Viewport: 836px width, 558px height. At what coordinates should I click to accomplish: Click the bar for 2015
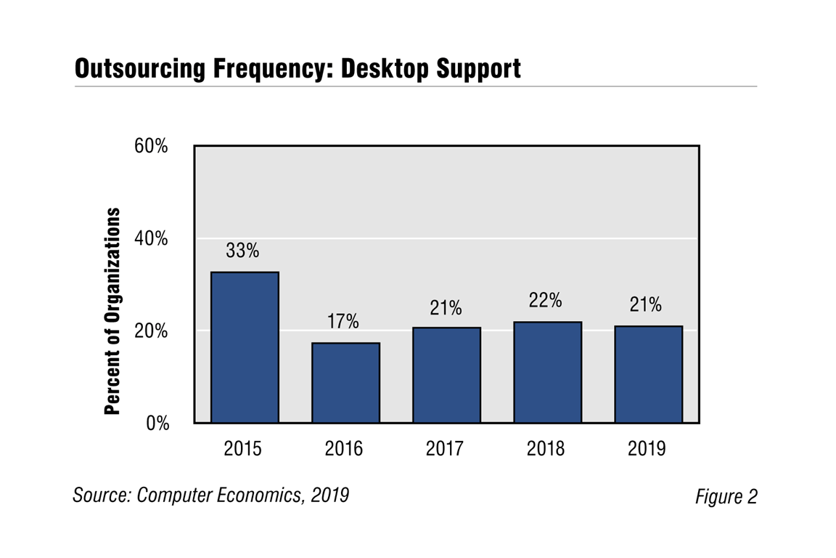click(x=245, y=347)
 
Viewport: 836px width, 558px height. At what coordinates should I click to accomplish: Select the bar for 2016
click(x=345, y=383)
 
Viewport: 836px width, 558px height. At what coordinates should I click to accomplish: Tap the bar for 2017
click(x=446, y=375)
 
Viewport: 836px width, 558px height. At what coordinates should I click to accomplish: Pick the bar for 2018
click(x=547, y=372)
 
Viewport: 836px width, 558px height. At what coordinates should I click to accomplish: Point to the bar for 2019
click(x=648, y=374)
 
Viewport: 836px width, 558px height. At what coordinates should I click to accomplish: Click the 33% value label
click(x=242, y=251)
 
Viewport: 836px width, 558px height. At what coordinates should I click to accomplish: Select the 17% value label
click(x=343, y=322)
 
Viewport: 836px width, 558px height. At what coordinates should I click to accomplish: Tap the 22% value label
click(x=546, y=301)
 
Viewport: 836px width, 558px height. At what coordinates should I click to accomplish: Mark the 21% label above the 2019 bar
click(x=645, y=305)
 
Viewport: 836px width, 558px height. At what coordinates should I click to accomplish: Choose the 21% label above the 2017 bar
click(x=445, y=307)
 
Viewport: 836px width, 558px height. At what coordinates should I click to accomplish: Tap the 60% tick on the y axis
click(x=151, y=146)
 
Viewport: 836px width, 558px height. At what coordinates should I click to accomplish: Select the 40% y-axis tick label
click(x=151, y=238)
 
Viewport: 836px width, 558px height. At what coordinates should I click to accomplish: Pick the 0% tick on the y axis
click(x=156, y=424)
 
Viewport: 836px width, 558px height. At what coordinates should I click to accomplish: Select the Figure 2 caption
click(x=726, y=496)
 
